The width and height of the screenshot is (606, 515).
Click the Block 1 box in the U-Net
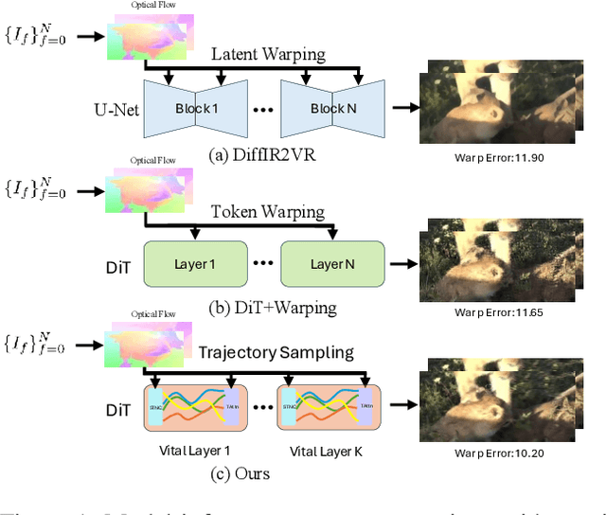pos(197,108)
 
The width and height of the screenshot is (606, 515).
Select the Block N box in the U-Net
pos(333,108)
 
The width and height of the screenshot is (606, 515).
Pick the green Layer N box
pos(333,262)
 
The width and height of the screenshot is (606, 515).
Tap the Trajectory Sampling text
pos(276,353)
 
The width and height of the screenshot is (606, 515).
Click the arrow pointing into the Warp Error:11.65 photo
pos(405,263)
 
